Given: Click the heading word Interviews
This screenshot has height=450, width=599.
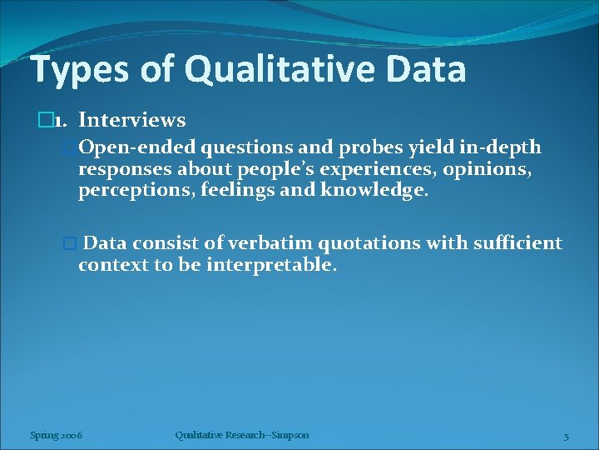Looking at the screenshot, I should [131, 121].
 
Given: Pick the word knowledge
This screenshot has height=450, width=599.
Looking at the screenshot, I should [384, 192].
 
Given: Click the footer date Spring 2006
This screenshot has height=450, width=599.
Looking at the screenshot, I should [56, 435].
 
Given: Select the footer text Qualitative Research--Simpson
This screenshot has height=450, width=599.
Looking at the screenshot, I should [242, 435].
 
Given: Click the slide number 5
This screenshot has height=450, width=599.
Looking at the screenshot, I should [566, 436].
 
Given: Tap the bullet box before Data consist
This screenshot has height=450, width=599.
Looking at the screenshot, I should [70, 243].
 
